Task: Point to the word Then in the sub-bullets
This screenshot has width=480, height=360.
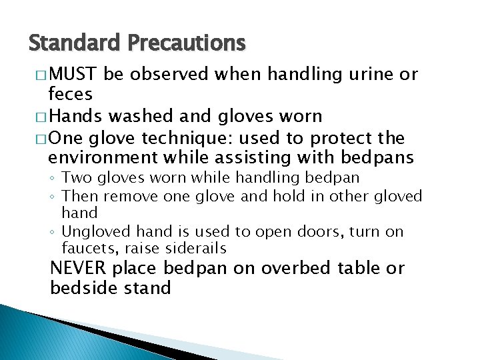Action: [x=77, y=196]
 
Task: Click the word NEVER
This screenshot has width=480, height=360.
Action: [x=78, y=268]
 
